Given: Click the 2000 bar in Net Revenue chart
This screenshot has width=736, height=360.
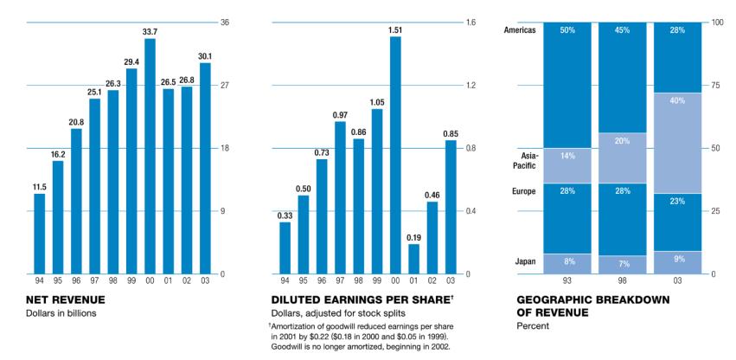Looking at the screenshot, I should pos(150,156).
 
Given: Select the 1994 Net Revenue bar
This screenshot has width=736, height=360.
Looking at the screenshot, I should pos(39,234).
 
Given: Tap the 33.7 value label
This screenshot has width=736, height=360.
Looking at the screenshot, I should pos(150,31).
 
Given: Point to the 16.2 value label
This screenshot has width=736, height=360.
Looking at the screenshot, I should pos(58,154).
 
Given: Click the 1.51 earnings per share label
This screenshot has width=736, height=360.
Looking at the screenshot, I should pos(395,29).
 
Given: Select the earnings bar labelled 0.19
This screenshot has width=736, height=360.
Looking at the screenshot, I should pos(413,259).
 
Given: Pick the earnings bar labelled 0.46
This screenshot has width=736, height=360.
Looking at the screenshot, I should pos(432,237).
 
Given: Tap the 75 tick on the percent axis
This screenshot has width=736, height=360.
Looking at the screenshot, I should pos(716,86).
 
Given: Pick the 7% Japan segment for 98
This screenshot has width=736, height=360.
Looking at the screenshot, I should pos(622,265).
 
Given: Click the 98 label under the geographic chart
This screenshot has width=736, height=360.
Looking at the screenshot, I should pos(622,281).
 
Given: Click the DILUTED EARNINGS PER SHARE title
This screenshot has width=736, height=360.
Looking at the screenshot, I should pos(361,299).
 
